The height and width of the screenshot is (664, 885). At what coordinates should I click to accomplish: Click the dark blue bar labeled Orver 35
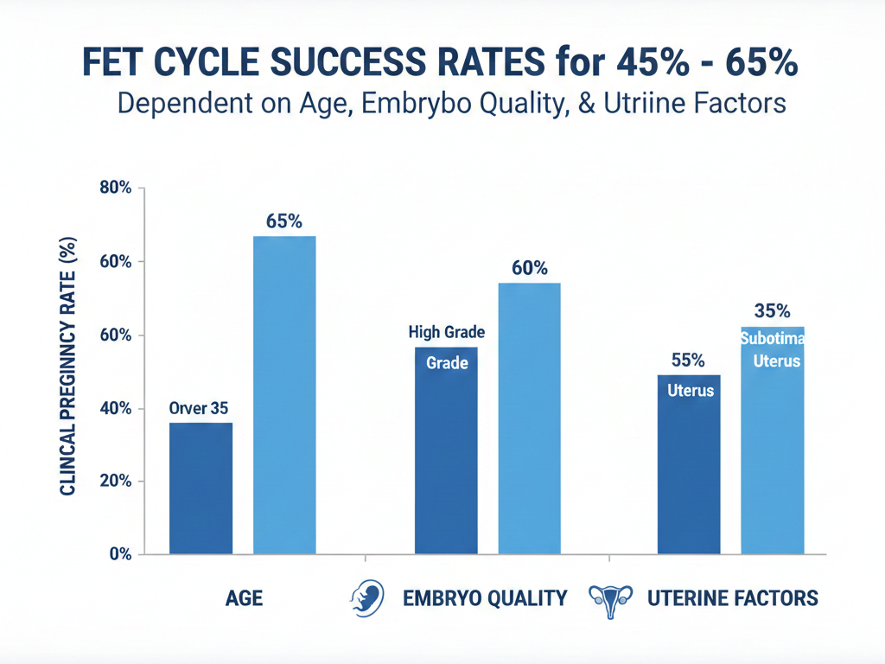point(201,488)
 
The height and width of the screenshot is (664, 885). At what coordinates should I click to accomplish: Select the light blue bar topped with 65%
point(283,394)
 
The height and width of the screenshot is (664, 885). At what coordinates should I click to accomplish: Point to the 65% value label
point(283,221)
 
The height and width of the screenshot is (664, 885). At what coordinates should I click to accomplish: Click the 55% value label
point(688,361)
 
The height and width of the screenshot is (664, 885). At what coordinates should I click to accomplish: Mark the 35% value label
point(772,311)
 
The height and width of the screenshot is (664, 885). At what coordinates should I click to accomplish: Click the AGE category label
point(244,598)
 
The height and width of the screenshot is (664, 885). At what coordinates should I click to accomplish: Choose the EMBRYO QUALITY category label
point(485,598)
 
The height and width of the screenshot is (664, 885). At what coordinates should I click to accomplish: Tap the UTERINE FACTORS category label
point(732,598)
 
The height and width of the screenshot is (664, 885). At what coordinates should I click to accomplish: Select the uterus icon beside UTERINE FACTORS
point(609,597)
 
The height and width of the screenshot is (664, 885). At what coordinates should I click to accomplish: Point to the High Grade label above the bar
point(446,332)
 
